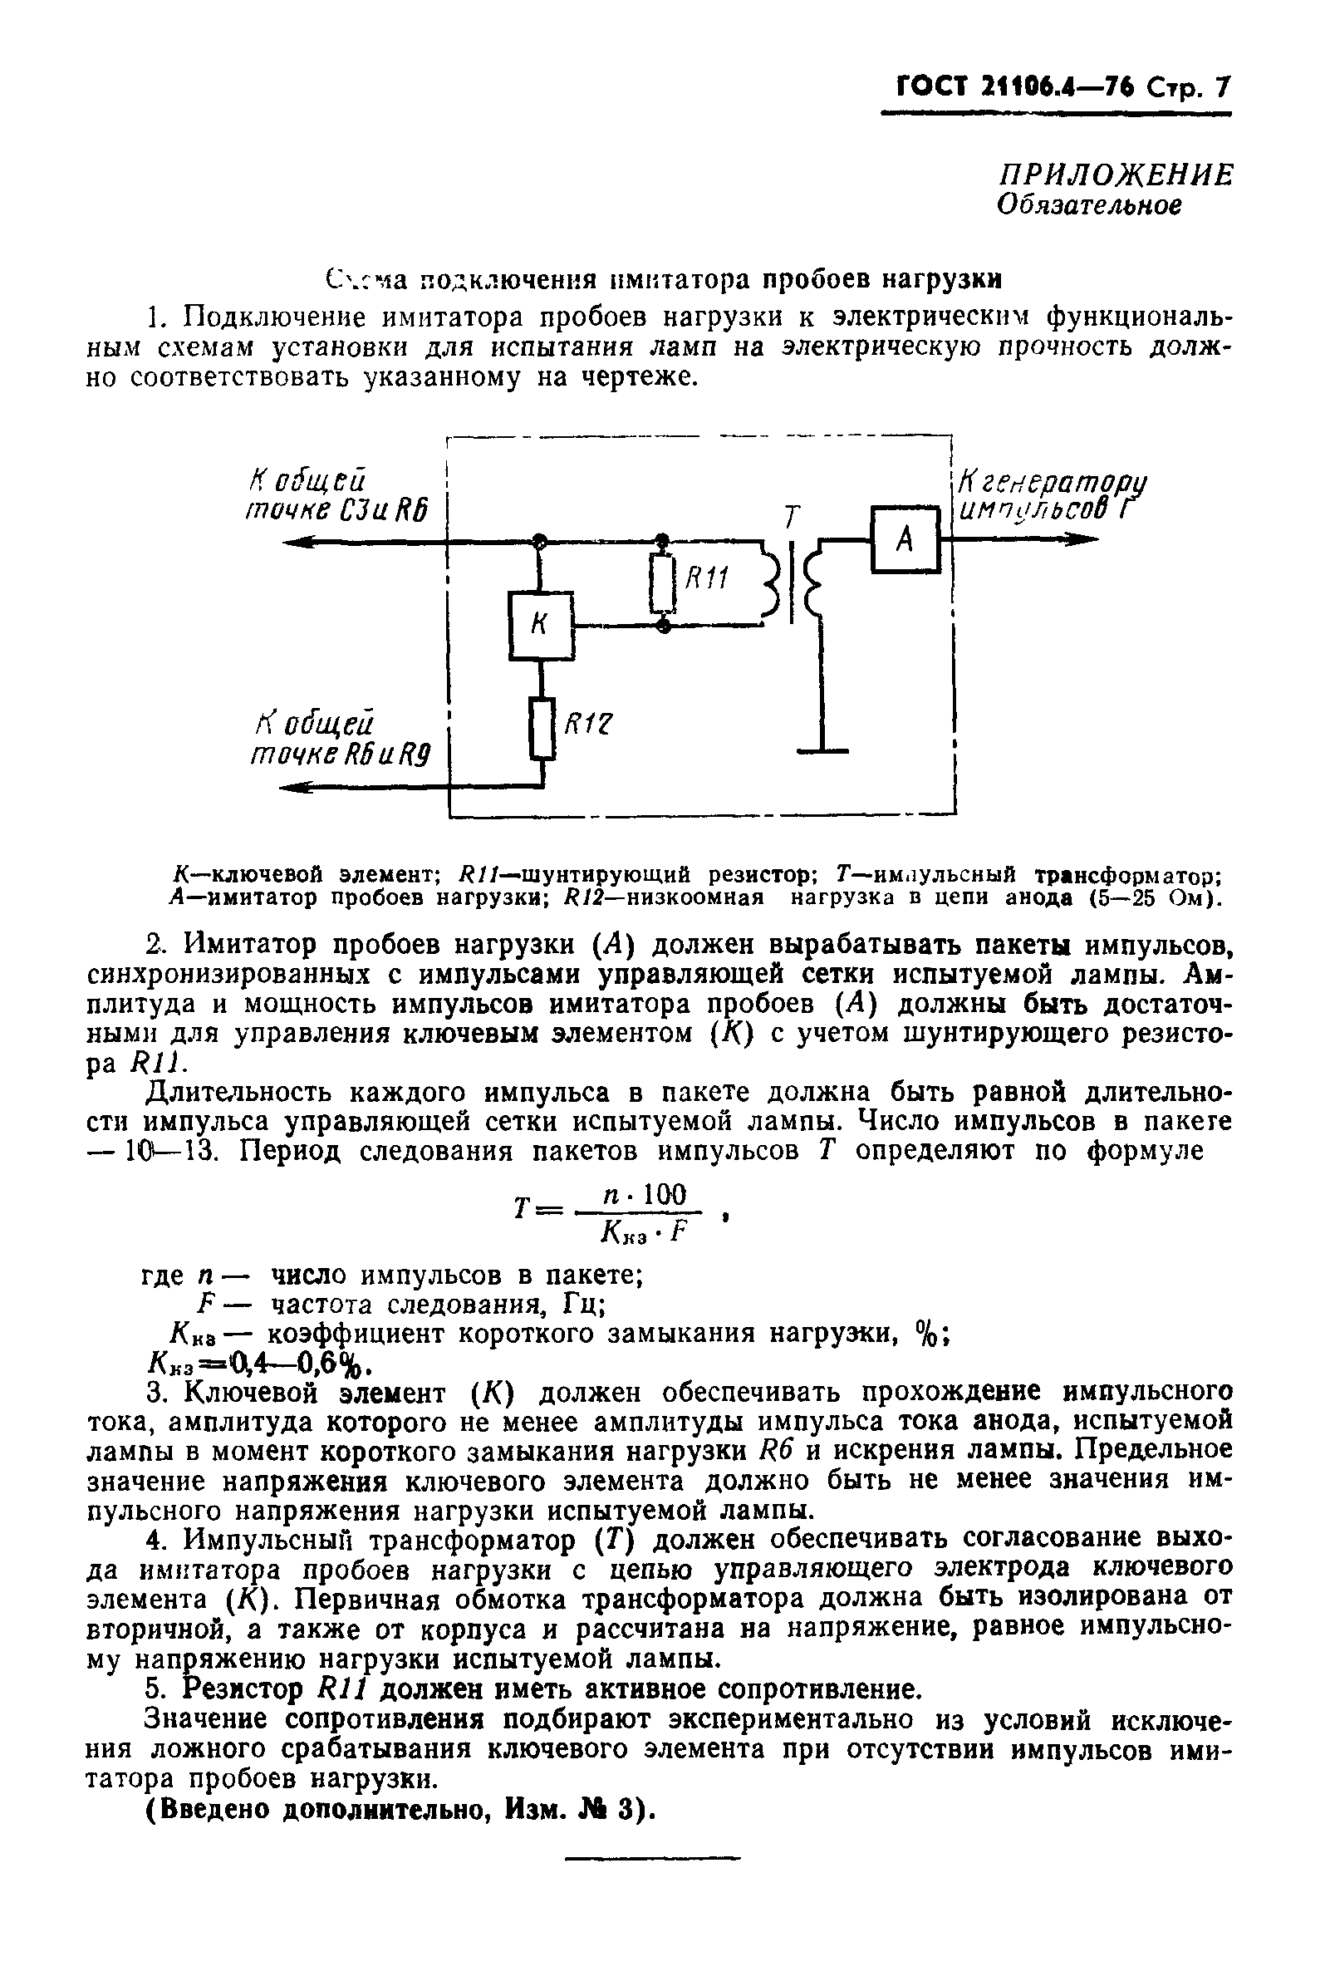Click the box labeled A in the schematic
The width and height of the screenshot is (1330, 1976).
tap(905, 538)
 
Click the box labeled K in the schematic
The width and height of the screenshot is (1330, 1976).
tap(540, 627)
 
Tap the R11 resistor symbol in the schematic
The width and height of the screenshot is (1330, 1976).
tap(663, 583)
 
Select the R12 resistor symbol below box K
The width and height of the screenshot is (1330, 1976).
tap(542, 728)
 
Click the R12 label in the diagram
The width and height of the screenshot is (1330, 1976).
tap(588, 723)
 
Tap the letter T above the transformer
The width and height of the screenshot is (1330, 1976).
tap(793, 517)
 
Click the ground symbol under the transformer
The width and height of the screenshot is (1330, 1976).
tap(822, 750)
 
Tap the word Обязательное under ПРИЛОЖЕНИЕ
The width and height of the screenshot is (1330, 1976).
tap(1089, 205)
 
